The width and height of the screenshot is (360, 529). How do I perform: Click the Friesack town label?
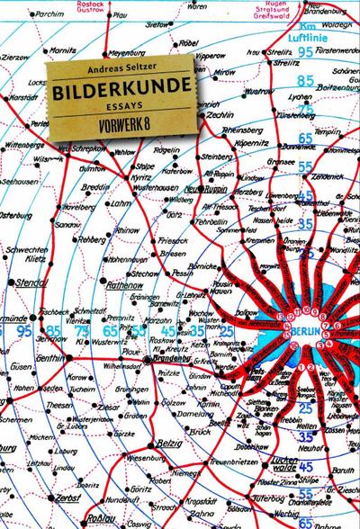click(174, 241)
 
